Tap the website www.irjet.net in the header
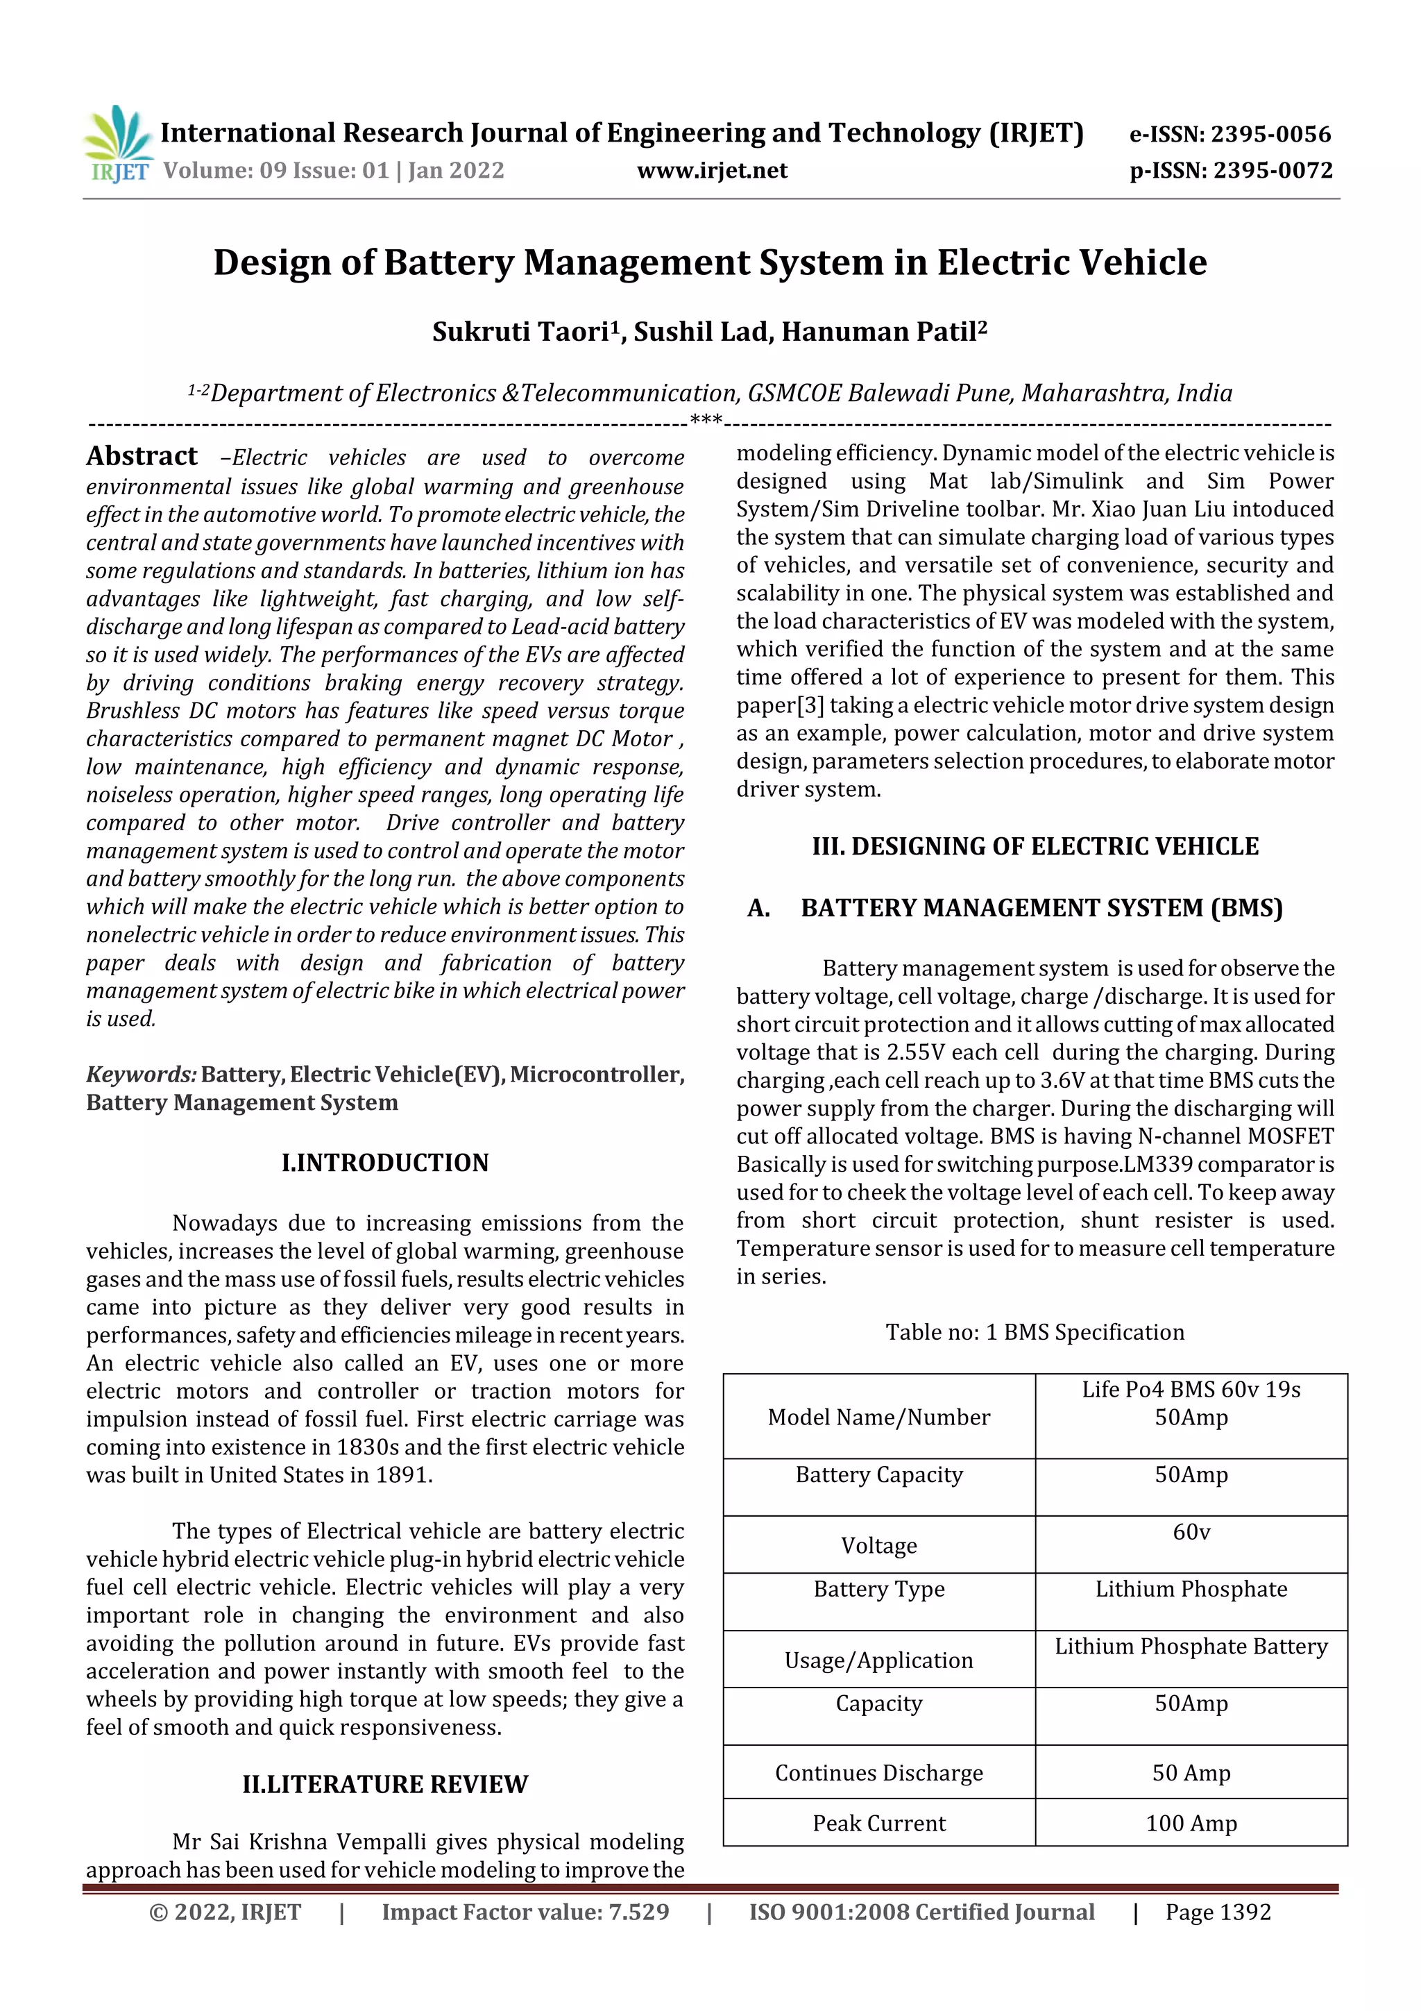pyautogui.click(x=712, y=171)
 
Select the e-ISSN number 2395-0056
pyautogui.click(x=1270, y=134)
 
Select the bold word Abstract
pyautogui.click(x=142, y=456)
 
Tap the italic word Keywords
pyautogui.click(x=141, y=1075)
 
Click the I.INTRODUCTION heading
pyautogui.click(x=385, y=1163)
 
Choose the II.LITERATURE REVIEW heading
pyautogui.click(x=385, y=1785)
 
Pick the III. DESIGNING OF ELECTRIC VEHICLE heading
pyautogui.click(x=1035, y=846)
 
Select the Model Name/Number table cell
pyautogui.click(x=879, y=1417)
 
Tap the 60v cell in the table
pyautogui.click(x=1191, y=1532)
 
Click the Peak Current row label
pyautogui.click(x=879, y=1824)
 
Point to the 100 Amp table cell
pyautogui.click(x=1191, y=1824)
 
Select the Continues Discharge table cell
pyautogui.click(x=879, y=1773)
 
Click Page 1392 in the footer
pyautogui.click(x=1218, y=1912)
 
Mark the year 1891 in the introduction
pyautogui.click(x=402, y=1475)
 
